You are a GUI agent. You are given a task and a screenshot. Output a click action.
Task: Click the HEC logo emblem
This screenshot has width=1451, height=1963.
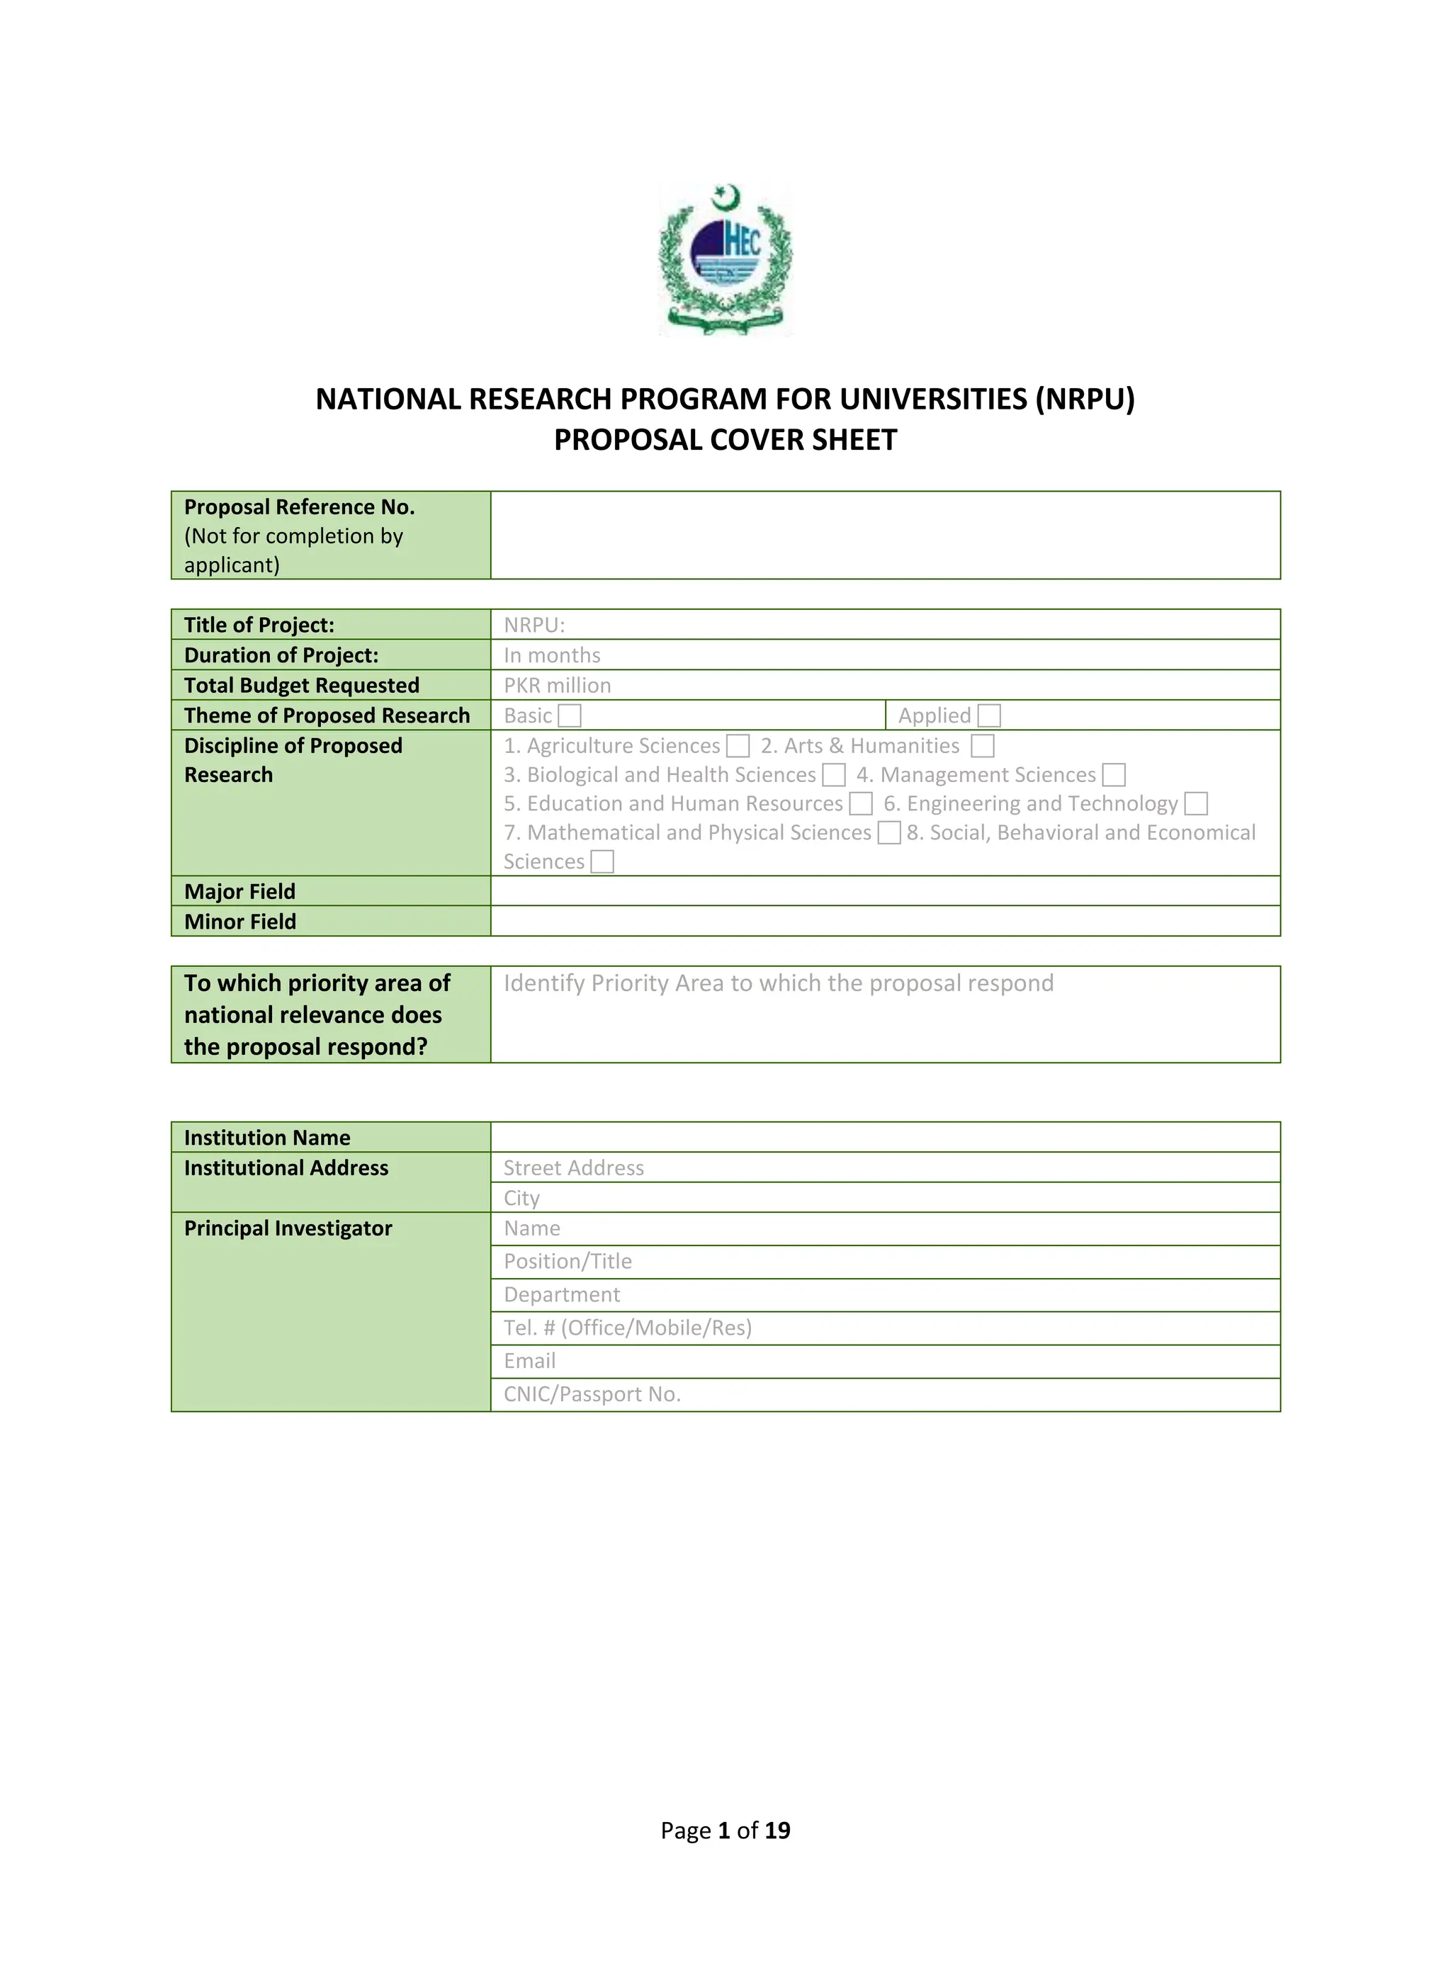click(725, 259)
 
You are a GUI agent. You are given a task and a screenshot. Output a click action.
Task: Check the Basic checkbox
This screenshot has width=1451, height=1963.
click(570, 715)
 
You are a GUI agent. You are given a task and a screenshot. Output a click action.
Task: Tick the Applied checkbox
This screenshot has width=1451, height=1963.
click(989, 715)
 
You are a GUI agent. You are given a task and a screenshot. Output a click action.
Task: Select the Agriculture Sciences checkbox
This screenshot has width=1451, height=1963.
click(738, 746)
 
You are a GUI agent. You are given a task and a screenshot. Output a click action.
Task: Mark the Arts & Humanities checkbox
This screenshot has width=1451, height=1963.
click(982, 746)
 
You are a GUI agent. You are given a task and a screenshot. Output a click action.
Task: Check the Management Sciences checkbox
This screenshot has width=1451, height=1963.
click(1114, 775)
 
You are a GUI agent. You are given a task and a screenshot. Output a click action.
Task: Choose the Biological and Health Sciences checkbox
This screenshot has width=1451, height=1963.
click(833, 775)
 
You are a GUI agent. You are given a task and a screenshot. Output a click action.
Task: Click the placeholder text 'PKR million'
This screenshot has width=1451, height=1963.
click(557, 685)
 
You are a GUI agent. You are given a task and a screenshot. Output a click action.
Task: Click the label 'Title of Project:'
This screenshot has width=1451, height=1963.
click(259, 625)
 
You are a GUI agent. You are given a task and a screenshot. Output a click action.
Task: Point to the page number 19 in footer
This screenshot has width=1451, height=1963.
click(777, 1831)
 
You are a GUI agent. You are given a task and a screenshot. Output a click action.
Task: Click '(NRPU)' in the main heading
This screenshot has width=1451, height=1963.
click(1085, 399)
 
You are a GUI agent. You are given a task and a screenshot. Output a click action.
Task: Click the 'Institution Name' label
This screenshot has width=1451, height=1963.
click(267, 1138)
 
